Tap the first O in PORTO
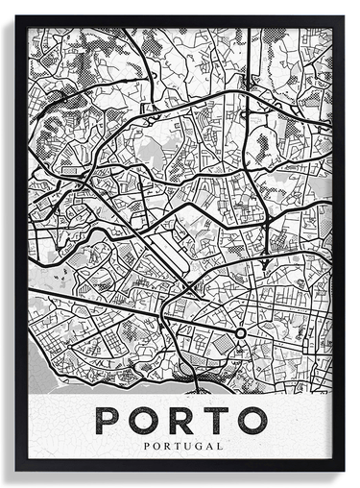(x=145, y=420)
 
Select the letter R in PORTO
(x=181, y=420)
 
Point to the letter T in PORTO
(x=215, y=420)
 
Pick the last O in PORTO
(x=251, y=420)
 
